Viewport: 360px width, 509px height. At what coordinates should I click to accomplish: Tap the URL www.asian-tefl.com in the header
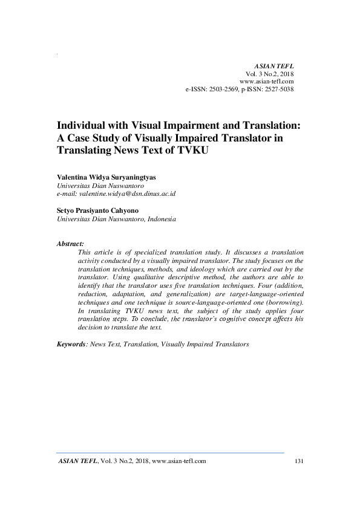tap(267, 81)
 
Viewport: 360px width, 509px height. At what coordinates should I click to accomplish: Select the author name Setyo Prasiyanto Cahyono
tap(96, 211)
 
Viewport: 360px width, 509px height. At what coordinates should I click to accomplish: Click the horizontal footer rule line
tap(170, 452)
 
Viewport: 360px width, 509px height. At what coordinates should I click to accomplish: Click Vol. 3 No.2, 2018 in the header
tap(269, 73)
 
